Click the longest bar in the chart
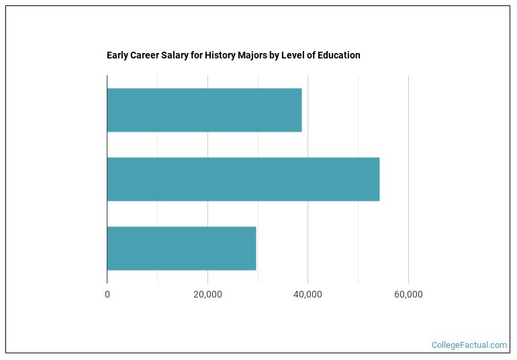point(243,179)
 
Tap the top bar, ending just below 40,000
point(204,110)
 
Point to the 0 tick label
point(107,294)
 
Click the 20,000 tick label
point(207,294)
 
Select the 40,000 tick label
point(308,294)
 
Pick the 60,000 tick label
point(408,294)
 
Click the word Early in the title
point(117,55)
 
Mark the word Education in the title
point(340,55)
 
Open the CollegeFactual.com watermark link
point(469,345)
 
